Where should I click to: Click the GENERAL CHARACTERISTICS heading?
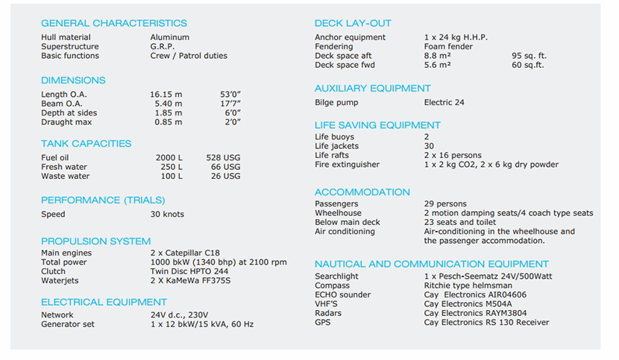tap(114, 23)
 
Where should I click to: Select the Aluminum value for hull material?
tap(169, 37)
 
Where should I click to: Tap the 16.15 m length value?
tap(166, 95)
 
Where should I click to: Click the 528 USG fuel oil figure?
tap(223, 158)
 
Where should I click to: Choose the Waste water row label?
tap(65, 177)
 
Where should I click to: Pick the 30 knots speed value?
tap(167, 215)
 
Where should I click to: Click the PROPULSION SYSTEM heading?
tap(95, 241)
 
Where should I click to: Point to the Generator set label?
tap(68, 324)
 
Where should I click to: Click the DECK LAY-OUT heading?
tap(353, 23)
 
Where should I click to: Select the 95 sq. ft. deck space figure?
tap(529, 56)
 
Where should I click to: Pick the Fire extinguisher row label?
tap(347, 165)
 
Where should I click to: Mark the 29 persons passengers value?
tap(445, 204)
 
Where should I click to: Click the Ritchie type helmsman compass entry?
tap(468, 285)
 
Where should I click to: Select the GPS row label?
tap(322, 323)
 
